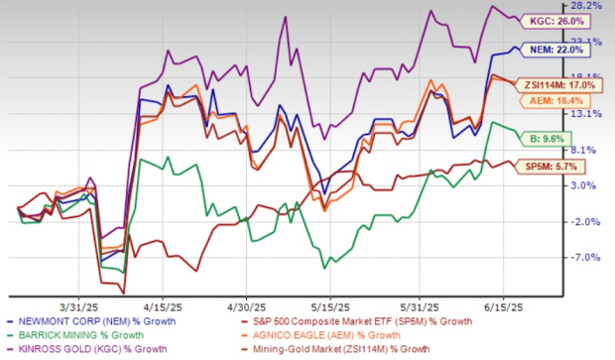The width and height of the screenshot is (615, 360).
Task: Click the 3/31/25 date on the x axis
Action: [x=82, y=305]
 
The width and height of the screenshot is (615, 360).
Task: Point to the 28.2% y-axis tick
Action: [x=592, y=5]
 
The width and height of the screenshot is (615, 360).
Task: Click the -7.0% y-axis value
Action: [x=592, y=257]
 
